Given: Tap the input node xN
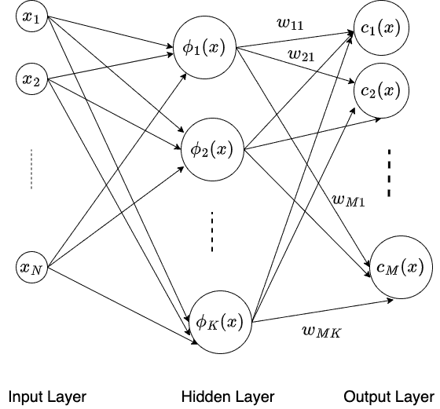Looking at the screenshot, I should pos(31,268).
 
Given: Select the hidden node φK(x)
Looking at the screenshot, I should pos(219,320).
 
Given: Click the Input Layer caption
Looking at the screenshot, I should pos(47,396).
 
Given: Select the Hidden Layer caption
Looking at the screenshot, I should pos(228,396).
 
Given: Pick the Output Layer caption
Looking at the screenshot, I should pos(388,396).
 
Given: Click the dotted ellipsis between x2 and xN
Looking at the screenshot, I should pos(31,170).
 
